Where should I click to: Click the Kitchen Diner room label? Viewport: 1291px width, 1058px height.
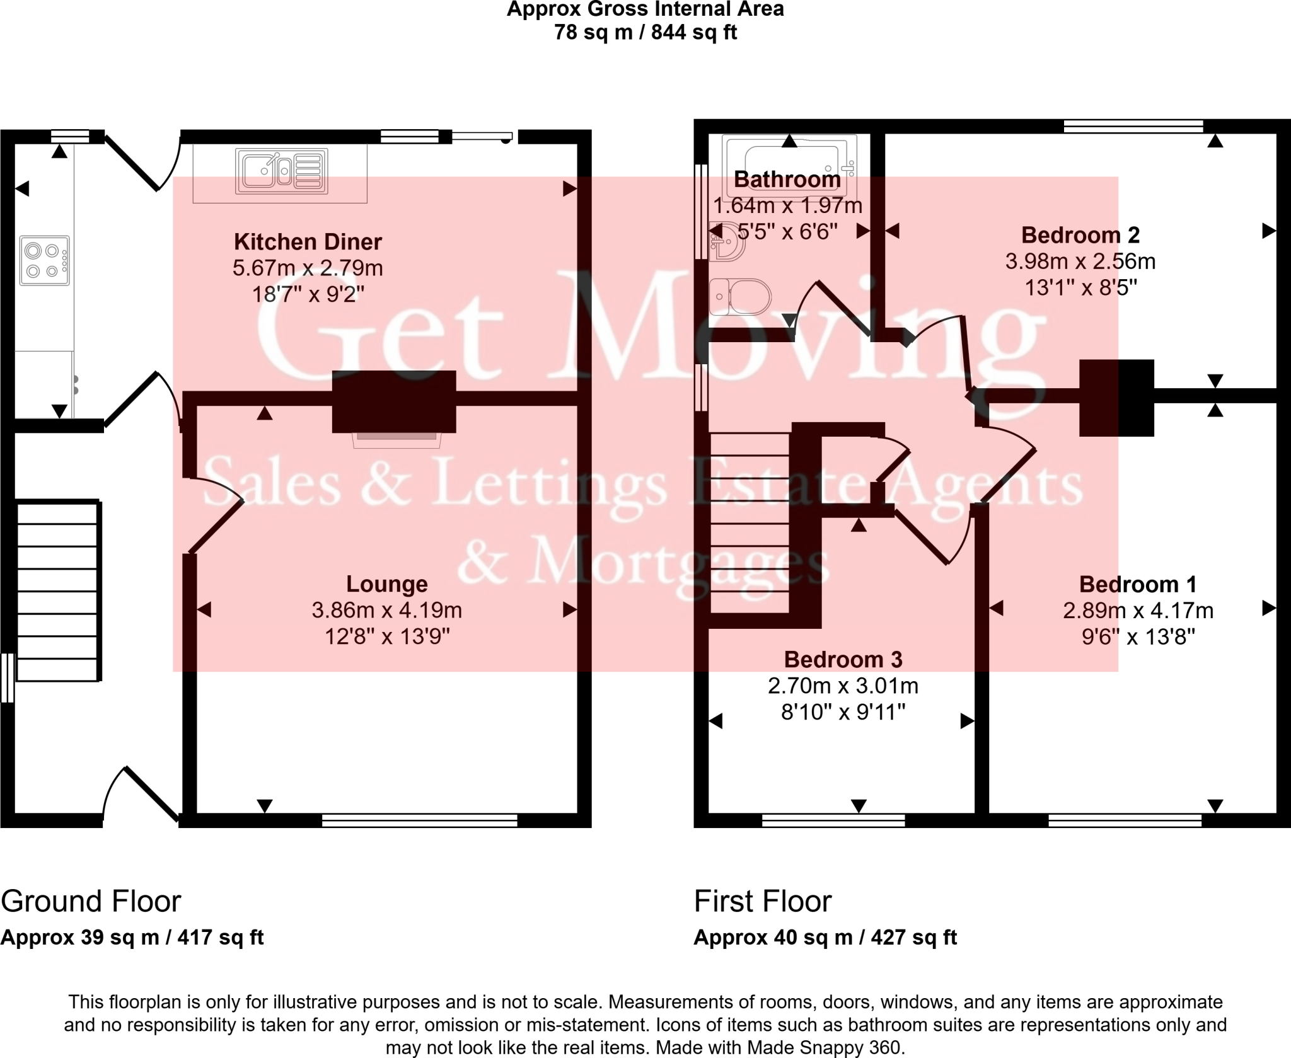[x=308, y=242]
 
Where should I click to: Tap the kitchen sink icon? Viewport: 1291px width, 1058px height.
[x=282, y=171]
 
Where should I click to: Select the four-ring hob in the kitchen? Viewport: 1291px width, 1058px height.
[x=44, y=261]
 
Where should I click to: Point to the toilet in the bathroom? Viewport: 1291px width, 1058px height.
[x=741, y=296]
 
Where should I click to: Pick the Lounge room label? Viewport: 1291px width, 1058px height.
[x=386, y=584]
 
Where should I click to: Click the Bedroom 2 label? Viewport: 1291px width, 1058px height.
[x=1080, y=235]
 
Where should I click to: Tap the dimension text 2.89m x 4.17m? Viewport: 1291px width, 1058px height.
[x=1138, y=611]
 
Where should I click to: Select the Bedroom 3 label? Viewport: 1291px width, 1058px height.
[x=843, y=660]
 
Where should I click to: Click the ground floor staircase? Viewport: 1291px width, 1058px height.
[x=58, y=591]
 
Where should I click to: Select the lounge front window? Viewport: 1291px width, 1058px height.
[x=419, y=820]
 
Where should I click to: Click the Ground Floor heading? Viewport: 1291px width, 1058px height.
[x=91, y=902]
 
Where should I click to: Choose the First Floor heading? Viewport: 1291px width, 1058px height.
[x=763, y=902]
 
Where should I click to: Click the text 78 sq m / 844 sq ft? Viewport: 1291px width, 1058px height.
[x=645, y=32]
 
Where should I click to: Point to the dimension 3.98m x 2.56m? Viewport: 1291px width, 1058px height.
[x=1080, y=262]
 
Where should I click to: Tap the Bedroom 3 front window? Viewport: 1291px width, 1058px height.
[x=833, y=820]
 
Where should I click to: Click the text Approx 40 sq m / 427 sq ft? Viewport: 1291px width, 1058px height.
[x=825, y=938]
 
